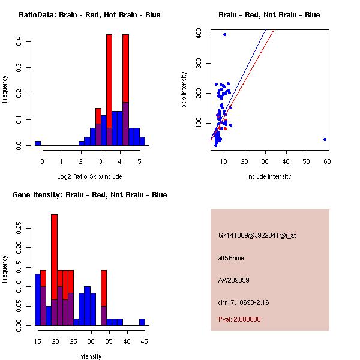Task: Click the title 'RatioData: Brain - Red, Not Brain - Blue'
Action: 89,15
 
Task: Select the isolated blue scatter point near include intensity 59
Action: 325,139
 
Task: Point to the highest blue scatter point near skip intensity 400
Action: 224,34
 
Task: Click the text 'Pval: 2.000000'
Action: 239,319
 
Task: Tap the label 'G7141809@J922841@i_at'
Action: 257,235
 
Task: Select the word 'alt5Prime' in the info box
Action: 231,258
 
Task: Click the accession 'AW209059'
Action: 234,280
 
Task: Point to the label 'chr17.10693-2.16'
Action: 244,302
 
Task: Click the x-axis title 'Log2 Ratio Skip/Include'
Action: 89,176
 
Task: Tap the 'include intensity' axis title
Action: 269,176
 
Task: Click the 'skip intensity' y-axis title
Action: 185,90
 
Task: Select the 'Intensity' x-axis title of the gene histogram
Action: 89,356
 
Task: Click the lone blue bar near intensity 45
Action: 142,322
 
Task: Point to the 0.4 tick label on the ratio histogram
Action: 20,41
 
